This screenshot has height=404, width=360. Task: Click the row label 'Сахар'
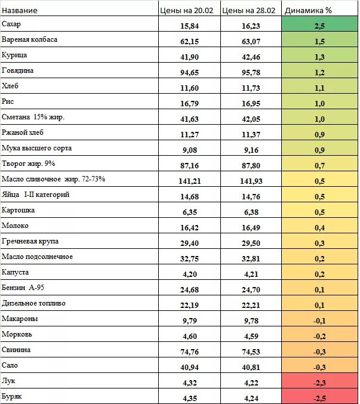[12, 24]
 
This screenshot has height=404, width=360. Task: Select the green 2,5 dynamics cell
[319, 26]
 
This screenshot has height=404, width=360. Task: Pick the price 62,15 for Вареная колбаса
[189, 42]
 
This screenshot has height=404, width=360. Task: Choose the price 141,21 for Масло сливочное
[189, 181]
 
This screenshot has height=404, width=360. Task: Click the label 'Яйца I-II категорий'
[36, 195]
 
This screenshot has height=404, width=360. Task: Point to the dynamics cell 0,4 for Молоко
[319, 228]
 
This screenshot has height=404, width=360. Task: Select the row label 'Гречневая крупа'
[30, 241]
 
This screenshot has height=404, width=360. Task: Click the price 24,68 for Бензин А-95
[189, 290]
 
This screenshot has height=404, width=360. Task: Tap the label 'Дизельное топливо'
[33, 303]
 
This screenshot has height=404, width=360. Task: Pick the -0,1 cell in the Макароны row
[319, 321]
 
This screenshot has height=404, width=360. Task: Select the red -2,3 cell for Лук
[319, 383]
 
